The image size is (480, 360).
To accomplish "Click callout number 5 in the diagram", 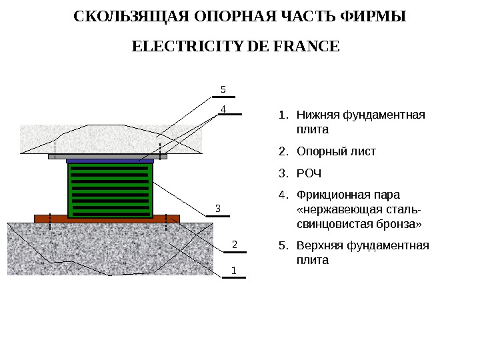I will point(223,89).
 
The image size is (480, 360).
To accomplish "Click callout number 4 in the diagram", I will point(223,107).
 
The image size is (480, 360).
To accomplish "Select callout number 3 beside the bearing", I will point(217,209).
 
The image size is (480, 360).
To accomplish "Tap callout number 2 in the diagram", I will point(234,244).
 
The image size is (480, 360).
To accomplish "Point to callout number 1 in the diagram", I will point(234,270).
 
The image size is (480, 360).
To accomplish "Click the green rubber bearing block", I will point(110,190).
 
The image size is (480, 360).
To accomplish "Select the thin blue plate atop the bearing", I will point(110,161).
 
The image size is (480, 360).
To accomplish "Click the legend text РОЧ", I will point(309,173).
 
